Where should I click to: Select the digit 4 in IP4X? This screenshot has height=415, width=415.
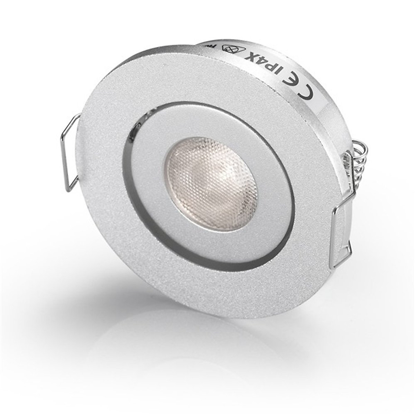tap(262, 62)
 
